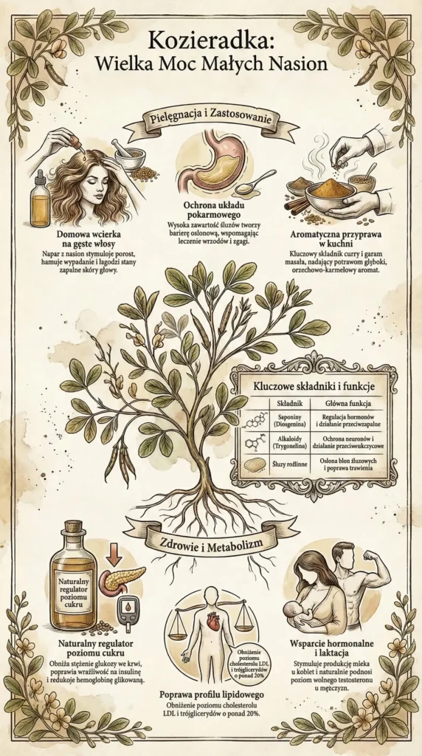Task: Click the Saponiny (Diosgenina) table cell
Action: pos(285,423)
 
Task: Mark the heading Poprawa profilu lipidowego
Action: pos(210,695)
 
